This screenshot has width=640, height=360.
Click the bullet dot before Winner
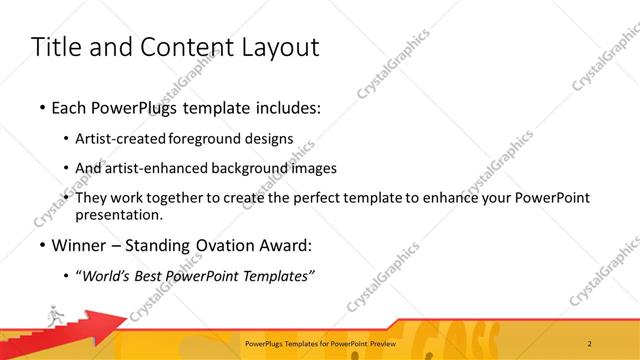41,244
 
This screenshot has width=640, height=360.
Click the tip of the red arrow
128,319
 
